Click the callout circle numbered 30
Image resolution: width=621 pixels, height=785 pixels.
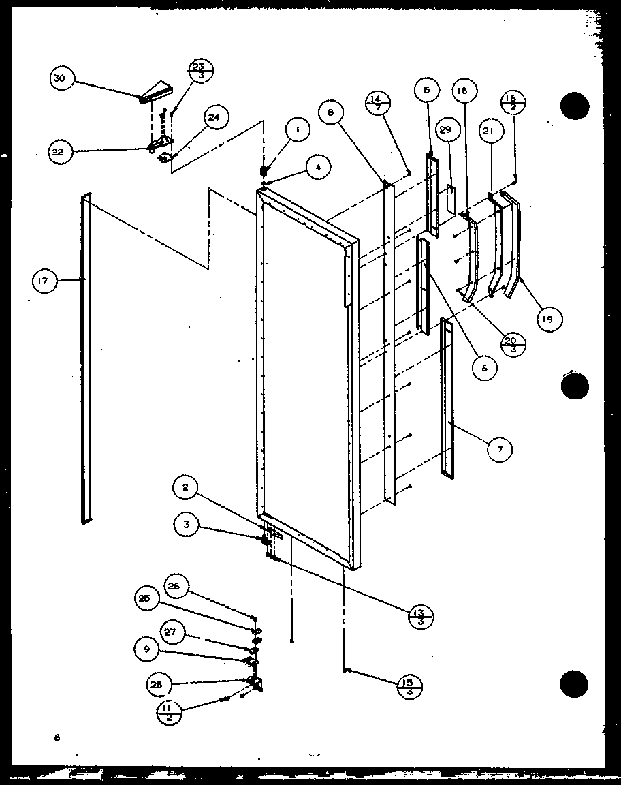tap(60, 79)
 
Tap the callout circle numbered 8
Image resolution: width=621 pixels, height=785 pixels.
tap(331, 112)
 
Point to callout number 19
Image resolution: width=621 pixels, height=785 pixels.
tap(549, 318)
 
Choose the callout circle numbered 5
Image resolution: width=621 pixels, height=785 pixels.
tap(426, 90)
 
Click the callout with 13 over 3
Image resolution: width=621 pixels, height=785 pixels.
tap(420, 613)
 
